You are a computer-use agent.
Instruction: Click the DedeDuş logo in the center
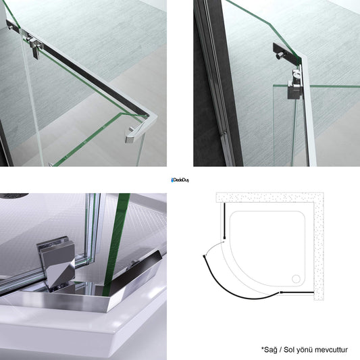click(x=180, y=180)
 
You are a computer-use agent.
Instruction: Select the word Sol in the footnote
click(x=289, y=350)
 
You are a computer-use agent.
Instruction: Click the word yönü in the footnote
click(x=304, y=351)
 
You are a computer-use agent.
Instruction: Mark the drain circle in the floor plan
click(x=296, y=279)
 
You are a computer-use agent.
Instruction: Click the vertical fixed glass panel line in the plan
click(x=224, y=221)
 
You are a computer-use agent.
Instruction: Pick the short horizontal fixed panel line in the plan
click(x=297, y=292)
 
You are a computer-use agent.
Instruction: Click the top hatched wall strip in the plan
click(x=269, y=197)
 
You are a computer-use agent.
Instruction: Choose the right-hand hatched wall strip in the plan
click(x=319, y=247)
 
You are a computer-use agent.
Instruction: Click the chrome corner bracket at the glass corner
click(x=138, y=130)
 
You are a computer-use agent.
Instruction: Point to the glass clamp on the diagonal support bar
click(x=34, y=46)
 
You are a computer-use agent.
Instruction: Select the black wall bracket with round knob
click(x=286, y=53)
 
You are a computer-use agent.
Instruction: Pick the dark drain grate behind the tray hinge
click(x=14, y=195)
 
